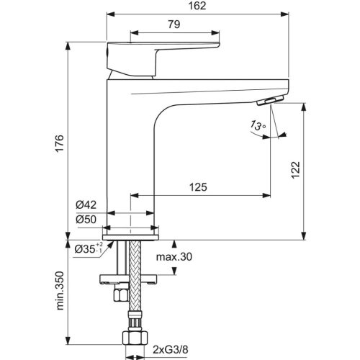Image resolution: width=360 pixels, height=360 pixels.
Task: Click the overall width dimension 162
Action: coord(199,6)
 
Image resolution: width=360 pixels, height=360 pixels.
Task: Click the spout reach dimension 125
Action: coord(199,187)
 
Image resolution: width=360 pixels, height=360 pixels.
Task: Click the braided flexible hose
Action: coord(132,302)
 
